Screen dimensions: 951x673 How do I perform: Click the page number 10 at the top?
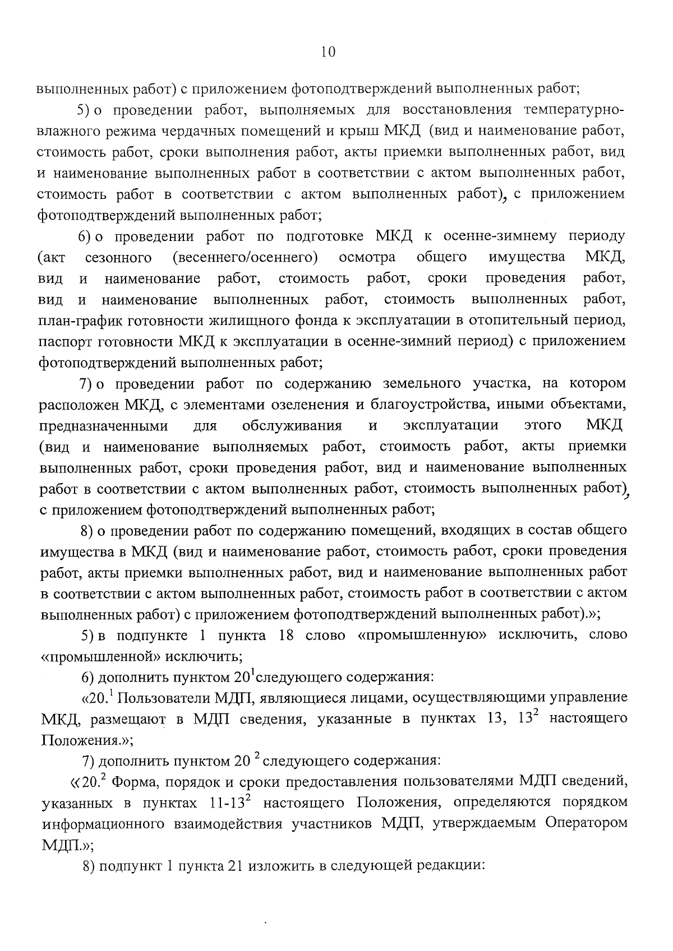click(328, 52)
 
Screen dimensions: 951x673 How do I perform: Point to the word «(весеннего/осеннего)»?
click(245, 257)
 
